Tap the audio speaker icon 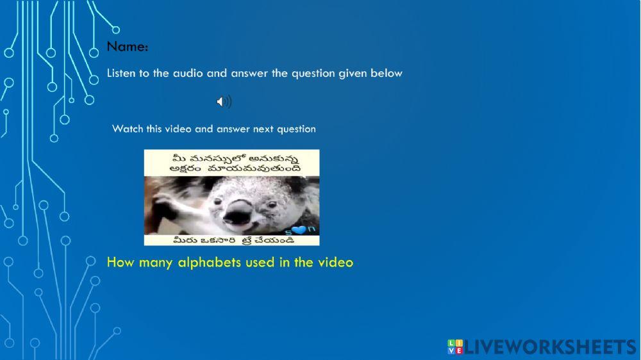click(x=224, y=101)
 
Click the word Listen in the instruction click(x=121, y=73)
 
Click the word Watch click(x=128, y=129)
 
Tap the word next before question click(x=263, y=129)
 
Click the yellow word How click(x=119, y=262)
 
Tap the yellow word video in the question click(x=335, y=262)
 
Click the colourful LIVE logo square click(x=454, y=347)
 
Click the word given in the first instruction click(x=353, y=73)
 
